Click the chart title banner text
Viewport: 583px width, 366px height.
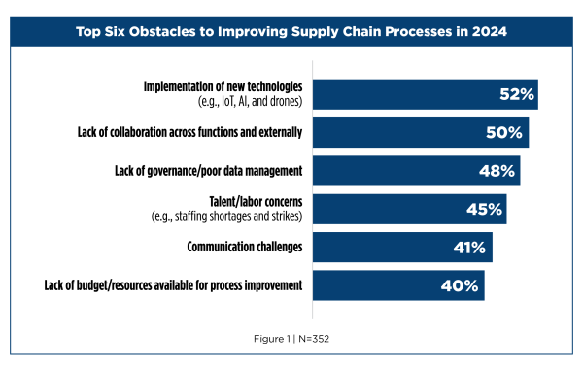[x=291, y=33]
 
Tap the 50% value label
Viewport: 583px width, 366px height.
[x=504, y=132]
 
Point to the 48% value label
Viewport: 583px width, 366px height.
[x=497, y=171]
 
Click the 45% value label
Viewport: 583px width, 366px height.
[x=483, y=209]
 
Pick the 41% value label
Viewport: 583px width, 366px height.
[x=469, y=247]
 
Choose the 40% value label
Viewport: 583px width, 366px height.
[x=461, y=285]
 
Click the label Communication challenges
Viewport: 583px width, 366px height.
[x=245, y=247]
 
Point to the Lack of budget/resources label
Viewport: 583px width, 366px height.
[x=174, y=285]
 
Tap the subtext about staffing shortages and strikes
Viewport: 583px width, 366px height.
[x=225, y=216]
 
